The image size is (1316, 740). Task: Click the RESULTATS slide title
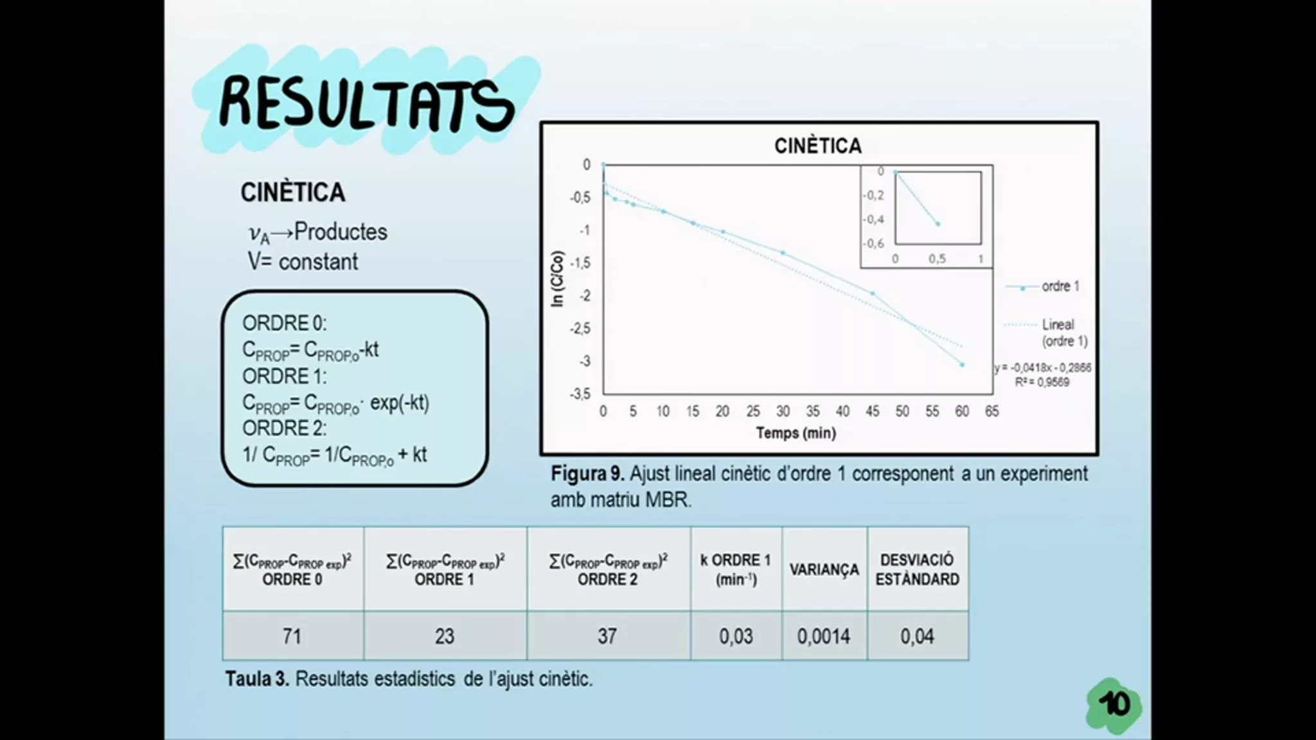(x=367, y=103)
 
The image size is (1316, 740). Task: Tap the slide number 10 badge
(x=1114, y=705)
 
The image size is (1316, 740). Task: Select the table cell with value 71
(x=292, y=636)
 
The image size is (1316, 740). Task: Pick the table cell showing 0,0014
(x=824, y=636)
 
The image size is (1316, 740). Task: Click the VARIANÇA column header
(x=824, y=570)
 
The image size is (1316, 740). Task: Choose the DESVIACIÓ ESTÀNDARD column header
(x=917, y=570)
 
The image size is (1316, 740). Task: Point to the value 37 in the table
(x=607, y=636)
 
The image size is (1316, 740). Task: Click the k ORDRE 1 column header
(x=736, y=570)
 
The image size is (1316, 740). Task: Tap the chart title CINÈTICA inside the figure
(x=817, y=146)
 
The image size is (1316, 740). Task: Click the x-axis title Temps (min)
(x=796, y=433)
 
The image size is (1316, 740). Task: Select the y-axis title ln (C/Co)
(x=557, y=279)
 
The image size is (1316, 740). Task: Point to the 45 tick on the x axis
(x=872, y=411)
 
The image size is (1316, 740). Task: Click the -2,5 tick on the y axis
(x=580, y=329)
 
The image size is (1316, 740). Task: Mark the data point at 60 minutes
(x=962, y=365)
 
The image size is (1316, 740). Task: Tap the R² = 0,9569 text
(x=1042, y=382)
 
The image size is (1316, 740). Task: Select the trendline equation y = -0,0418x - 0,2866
(x=1043, y=368)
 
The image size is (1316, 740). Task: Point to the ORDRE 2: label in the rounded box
(x=284, y=428)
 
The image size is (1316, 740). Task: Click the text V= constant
(x=303, y=261)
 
